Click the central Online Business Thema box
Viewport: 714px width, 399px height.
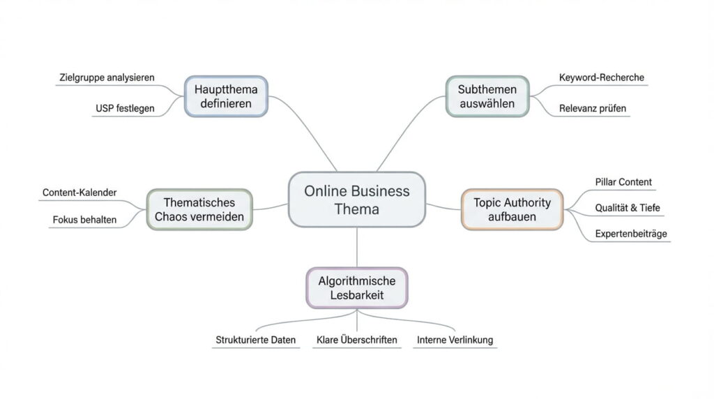pyautogui.click(x=356, y=200)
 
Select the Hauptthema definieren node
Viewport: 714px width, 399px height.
pyautogui.click(x=226, y=96)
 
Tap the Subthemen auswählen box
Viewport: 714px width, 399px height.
pyautogui.click(x=487, y=96)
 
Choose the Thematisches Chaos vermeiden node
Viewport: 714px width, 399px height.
pyautogui.click(x=199, y=209)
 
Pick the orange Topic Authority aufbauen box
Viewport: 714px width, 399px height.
pyautogui.click(x=512, y=209)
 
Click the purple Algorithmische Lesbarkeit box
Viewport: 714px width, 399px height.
pyautogui.click(x=356, y=287)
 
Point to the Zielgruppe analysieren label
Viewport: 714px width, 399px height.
pyautogui.click(x=106, y=77)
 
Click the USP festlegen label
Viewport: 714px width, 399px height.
pyautogui.click(x=125, y=108)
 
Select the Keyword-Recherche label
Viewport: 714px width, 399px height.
pyautogui.click(x=602, y=77)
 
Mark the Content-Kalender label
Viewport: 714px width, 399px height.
pyautogui.click(x=79, y=193)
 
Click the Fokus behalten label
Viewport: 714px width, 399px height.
pyautogui.click(x=84, y=220)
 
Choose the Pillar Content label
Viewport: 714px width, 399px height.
pyautogui.click(x=623, y=182)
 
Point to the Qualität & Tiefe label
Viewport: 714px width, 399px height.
pyautogui.click(x=628, y=208)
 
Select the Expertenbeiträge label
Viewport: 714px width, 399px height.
pyautogui.click(x=632, y=234)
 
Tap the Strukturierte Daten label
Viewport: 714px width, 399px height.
pyautogui.click(x=255, y=340)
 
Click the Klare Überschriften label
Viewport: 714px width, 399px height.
pyautogui.click(x=356, y=340)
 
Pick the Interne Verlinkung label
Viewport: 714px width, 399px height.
pyautogui.click(x=455, y=340)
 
